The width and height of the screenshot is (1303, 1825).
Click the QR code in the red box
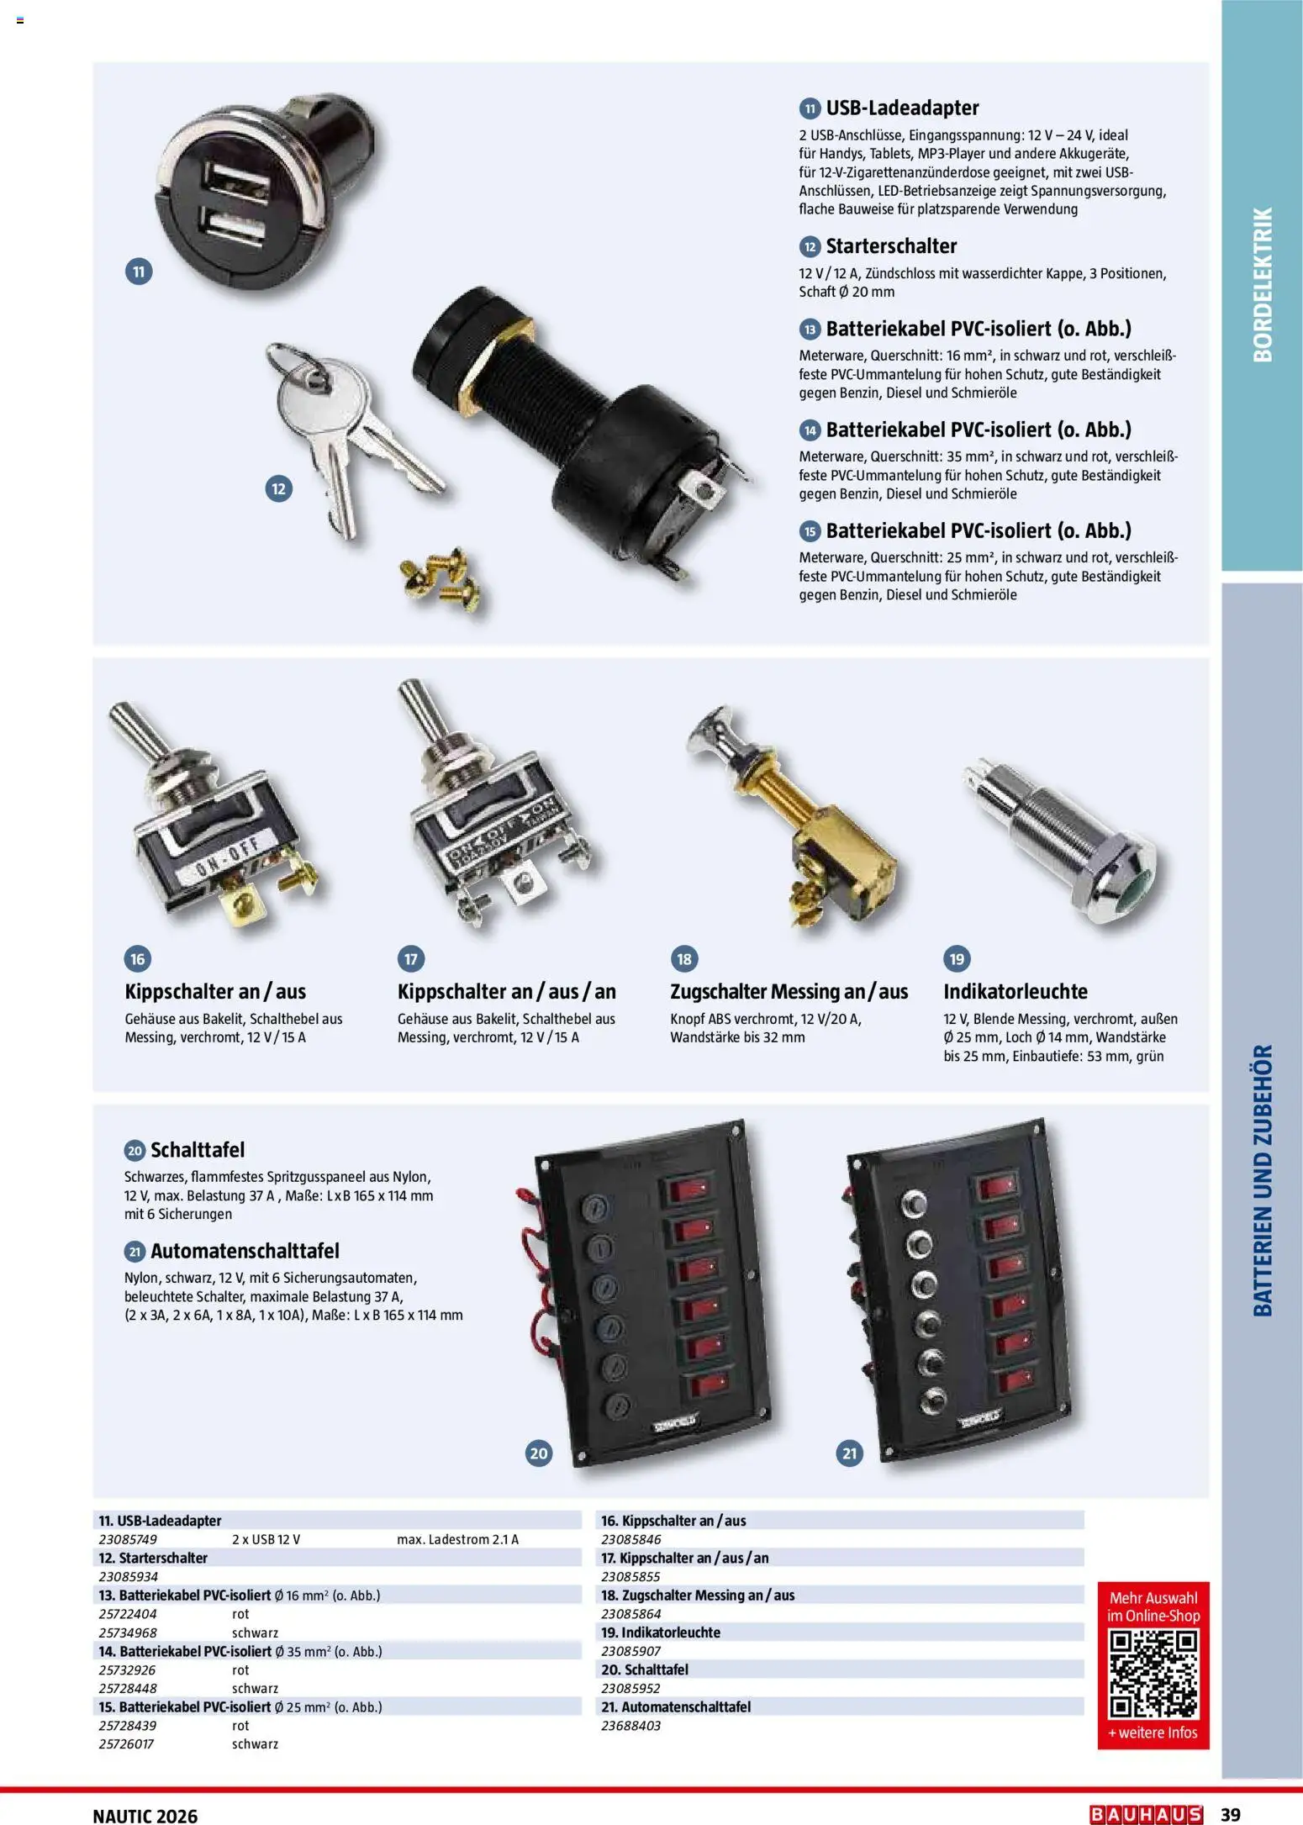pos(1153,1675)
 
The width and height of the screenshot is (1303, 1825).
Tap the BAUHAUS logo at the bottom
pos(1146,1814)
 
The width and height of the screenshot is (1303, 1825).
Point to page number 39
pos(1230,1814)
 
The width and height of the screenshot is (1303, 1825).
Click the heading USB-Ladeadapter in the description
pos(902,108)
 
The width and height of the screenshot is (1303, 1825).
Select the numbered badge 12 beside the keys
pos(278,488)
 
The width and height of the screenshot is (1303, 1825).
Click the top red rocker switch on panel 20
pos(690,1191)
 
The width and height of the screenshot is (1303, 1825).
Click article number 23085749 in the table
pos(128,1539)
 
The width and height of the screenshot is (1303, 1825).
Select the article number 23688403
pos(630,1725)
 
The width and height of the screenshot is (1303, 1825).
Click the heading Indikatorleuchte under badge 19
pos(1015,991)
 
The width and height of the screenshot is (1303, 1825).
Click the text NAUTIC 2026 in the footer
pos(145,1815)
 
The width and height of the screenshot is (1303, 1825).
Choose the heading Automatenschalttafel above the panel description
pos(245,1251)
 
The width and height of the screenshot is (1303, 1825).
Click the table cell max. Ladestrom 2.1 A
pos(457,1539)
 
